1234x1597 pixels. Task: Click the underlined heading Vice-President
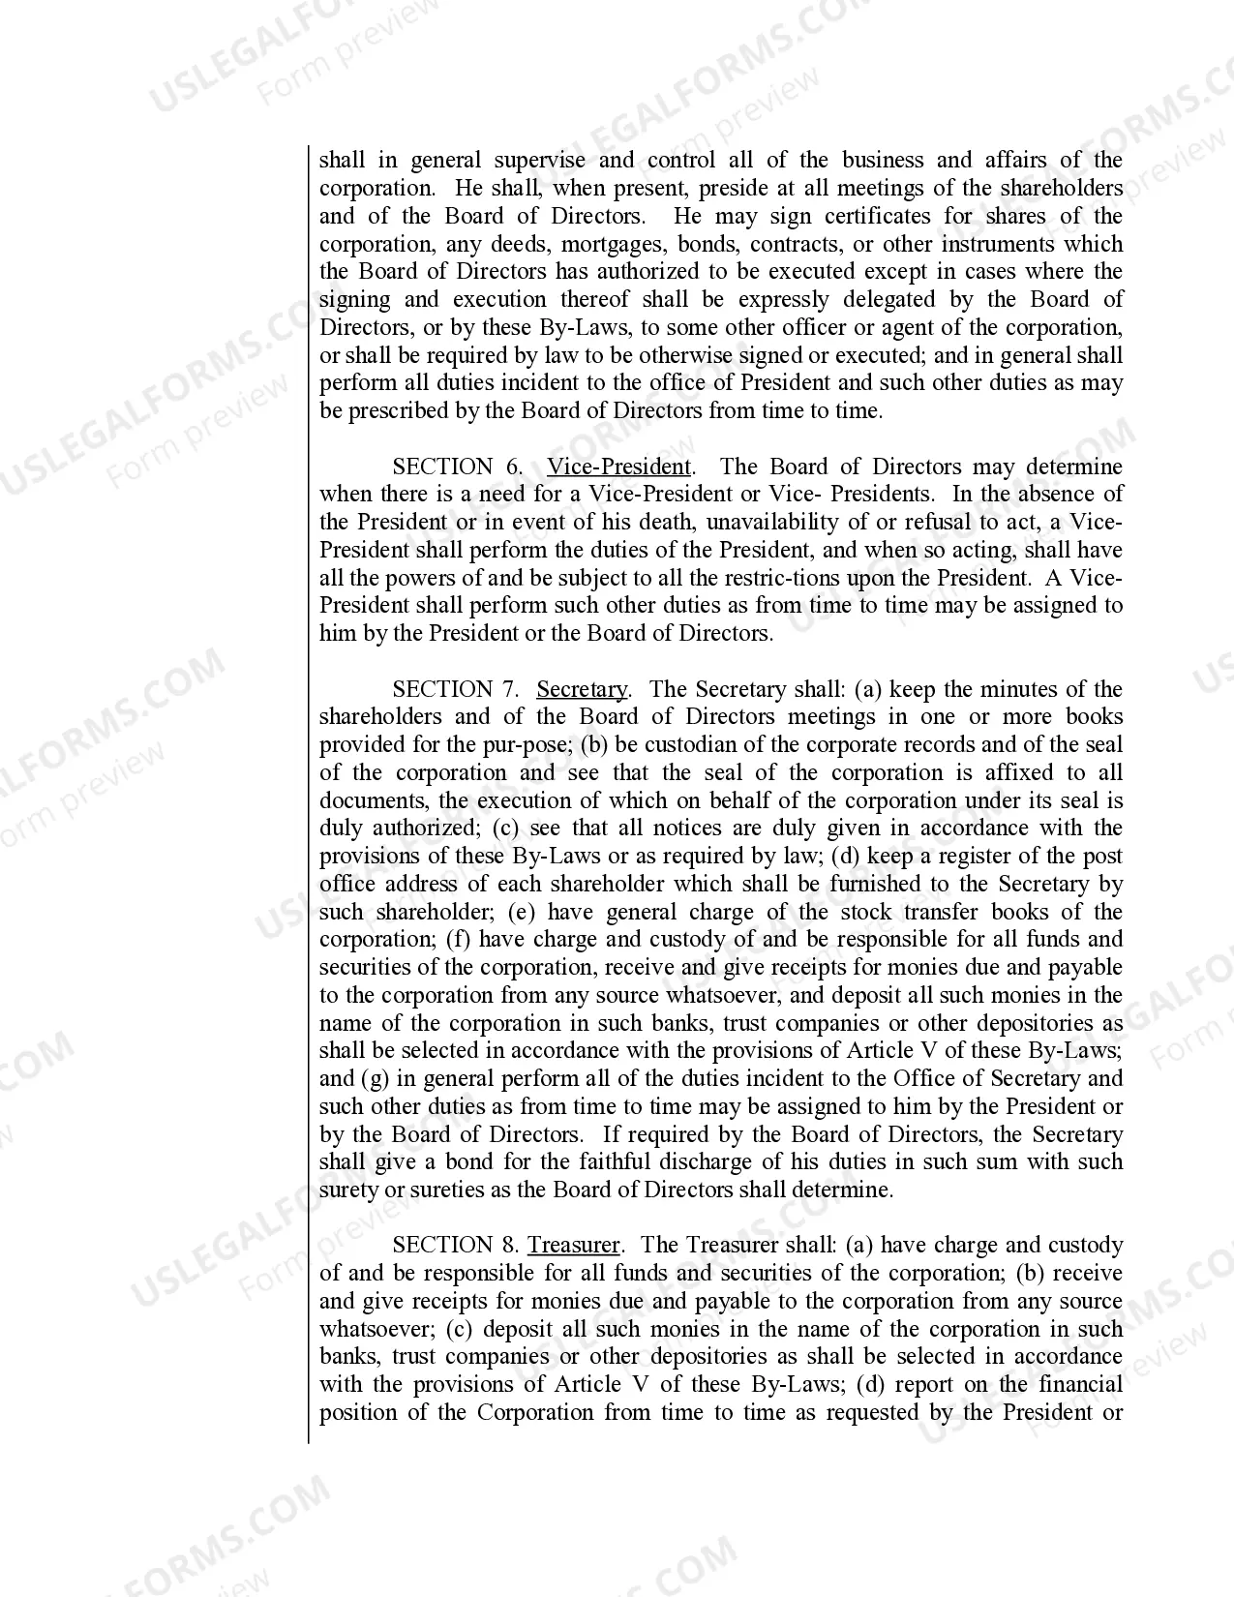tap(619, 467)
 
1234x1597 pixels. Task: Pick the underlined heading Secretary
tap(582, 689)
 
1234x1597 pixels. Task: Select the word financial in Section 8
tap(1081, 1384)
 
